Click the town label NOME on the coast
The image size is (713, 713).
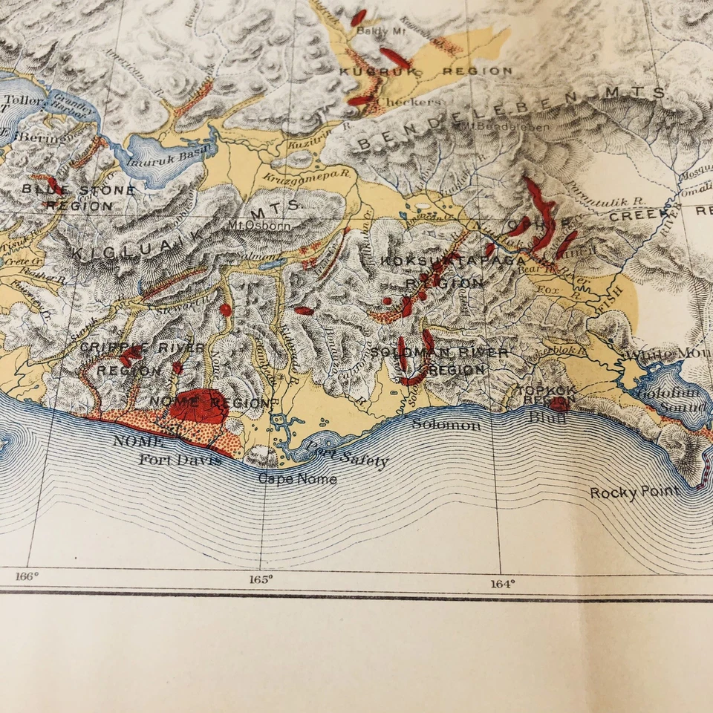(x=138, y=440)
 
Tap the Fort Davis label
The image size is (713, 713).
(x=180, y=460)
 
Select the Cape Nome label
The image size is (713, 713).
(x=297, y=479)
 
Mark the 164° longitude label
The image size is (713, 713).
(x=502, y=584)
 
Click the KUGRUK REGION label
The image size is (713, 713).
(x=426, y=71)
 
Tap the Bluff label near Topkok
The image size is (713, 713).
(x=547, y=418)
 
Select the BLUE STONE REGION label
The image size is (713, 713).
(x=78, y=198)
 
